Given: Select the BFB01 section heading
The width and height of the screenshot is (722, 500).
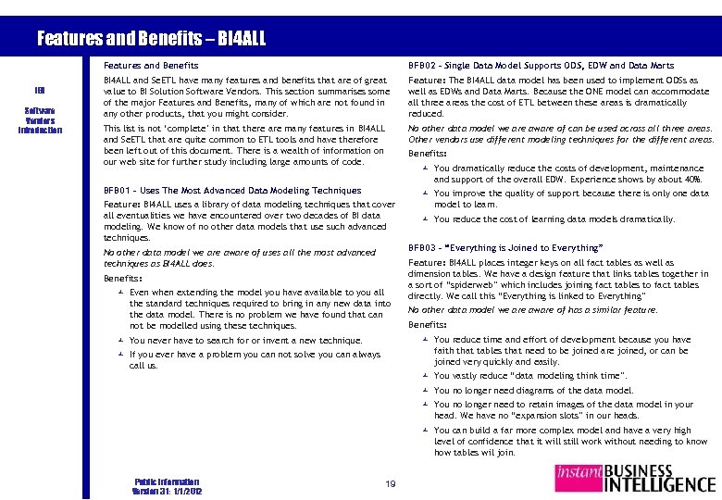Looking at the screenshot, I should coord(232,191).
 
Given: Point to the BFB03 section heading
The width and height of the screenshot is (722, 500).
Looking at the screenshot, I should coord(505,248).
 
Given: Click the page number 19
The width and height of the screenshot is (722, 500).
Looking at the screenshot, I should coord(391,483).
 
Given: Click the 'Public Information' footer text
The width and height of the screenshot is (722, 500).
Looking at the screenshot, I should coord(167,481).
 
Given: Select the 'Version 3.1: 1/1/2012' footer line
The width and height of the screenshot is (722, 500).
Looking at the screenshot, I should coord(167,491).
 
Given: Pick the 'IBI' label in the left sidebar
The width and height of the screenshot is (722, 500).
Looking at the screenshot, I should coord(39,91).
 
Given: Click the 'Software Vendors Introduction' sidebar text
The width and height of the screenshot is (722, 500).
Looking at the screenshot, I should coord(39,120).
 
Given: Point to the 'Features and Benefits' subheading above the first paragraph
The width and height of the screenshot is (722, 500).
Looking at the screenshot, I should coord(151,66).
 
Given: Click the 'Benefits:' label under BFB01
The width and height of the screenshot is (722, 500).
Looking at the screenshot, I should coord(123,278).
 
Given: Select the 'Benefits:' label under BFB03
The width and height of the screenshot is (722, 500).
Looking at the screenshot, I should coord(428,325).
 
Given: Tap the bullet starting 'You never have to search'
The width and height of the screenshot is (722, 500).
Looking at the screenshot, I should coord(245,341).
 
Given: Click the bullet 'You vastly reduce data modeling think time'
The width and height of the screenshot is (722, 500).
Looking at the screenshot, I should coord(529,376).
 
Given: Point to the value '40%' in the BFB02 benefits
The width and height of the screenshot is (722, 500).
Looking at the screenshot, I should coord(694,179).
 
